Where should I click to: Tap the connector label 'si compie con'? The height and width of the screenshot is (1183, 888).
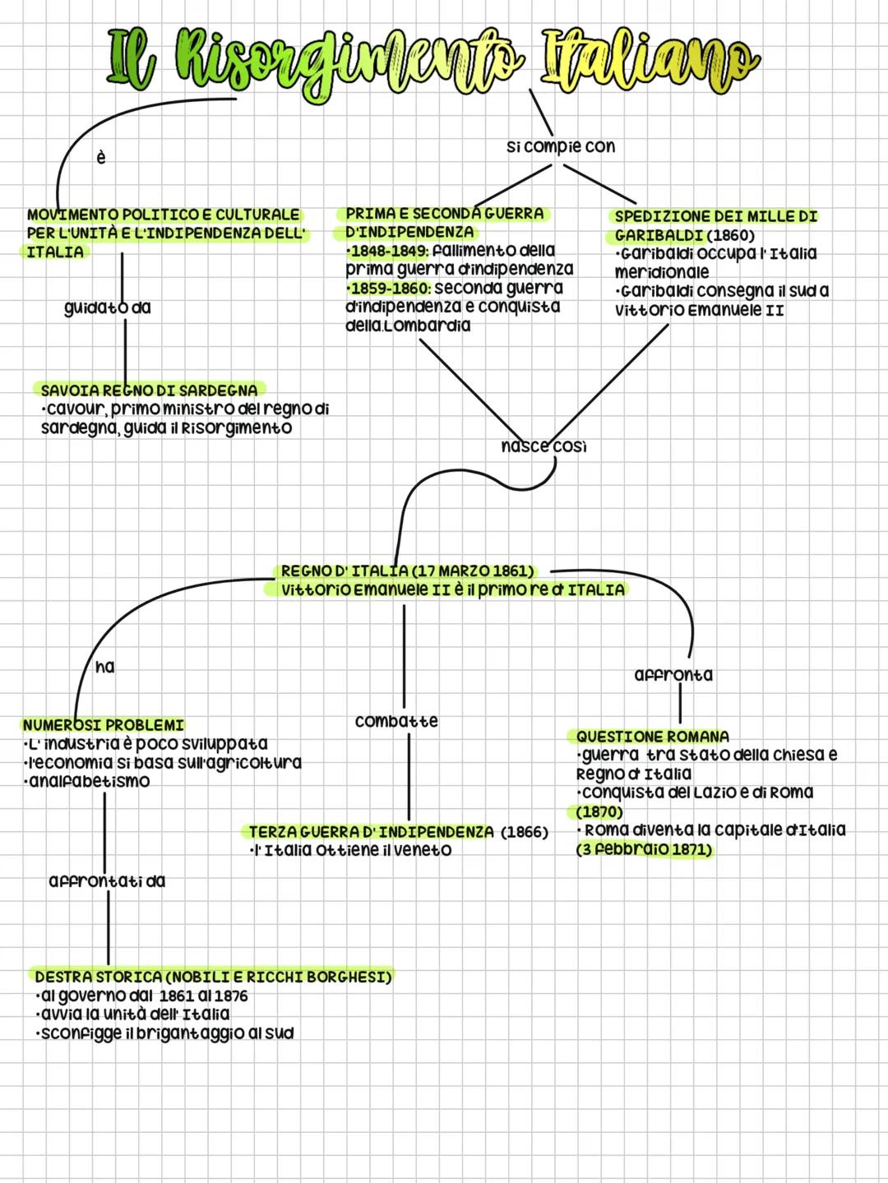coord(561,146)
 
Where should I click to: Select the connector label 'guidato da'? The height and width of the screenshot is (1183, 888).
coord(108,307)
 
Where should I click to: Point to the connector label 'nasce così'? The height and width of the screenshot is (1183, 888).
coord(543,446)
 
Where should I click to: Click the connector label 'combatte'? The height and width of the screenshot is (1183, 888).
coord(396,721)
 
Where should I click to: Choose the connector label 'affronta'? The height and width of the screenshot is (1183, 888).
coord(673,675)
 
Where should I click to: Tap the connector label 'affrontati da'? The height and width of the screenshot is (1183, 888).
coord(107,880)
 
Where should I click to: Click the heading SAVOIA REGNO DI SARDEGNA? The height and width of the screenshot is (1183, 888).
coord(149,389)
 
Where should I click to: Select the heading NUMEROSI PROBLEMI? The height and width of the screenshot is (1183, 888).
coord(104,725)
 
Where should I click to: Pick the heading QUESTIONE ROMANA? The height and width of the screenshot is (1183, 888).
coord(652,736)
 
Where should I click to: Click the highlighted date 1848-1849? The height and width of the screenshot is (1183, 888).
coord(387,250)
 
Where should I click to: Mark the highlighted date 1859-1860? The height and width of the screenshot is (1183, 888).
coord(387,289)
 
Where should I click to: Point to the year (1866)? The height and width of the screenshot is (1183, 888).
coord(525,832)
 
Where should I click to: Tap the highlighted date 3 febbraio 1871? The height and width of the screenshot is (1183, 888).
coord(645,849)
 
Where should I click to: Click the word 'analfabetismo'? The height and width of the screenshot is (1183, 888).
coord(88,781)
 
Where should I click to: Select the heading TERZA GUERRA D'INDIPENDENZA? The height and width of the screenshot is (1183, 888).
coord(372,832)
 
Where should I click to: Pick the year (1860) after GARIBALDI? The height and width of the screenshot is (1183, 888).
coord(731,235)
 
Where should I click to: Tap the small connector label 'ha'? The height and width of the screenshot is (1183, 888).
coord(105,667)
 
